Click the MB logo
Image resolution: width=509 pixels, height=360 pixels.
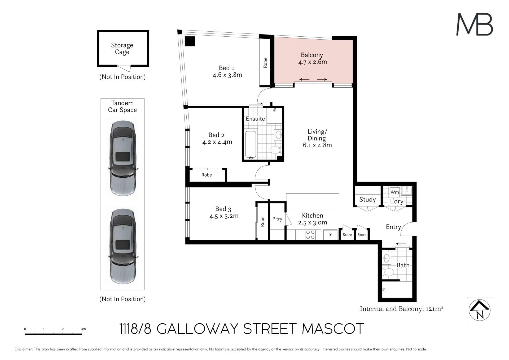(475, 24)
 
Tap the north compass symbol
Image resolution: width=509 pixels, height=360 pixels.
(479, 310)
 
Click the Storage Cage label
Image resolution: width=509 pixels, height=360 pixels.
(122, 49)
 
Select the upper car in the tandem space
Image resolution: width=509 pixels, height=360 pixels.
(123, 158)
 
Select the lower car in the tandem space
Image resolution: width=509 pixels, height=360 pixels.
(123, 246)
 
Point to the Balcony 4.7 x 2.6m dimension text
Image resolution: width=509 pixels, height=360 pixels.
(313, 62)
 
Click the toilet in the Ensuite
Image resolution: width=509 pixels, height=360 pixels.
(276, 150)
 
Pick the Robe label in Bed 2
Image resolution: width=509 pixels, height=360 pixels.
(207, 175)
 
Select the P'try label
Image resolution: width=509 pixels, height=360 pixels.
(277, 219)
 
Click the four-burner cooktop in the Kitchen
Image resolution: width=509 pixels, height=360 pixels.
(310, 235)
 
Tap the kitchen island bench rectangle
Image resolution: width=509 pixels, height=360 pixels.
(313, 202)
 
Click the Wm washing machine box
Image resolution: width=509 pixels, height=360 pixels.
(395, 192)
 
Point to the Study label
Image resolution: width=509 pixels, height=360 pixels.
(367, 200)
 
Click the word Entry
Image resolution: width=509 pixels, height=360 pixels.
(393, 227)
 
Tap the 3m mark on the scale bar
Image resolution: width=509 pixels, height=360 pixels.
(83, 329)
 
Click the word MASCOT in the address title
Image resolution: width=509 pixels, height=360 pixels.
(333, 329)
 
